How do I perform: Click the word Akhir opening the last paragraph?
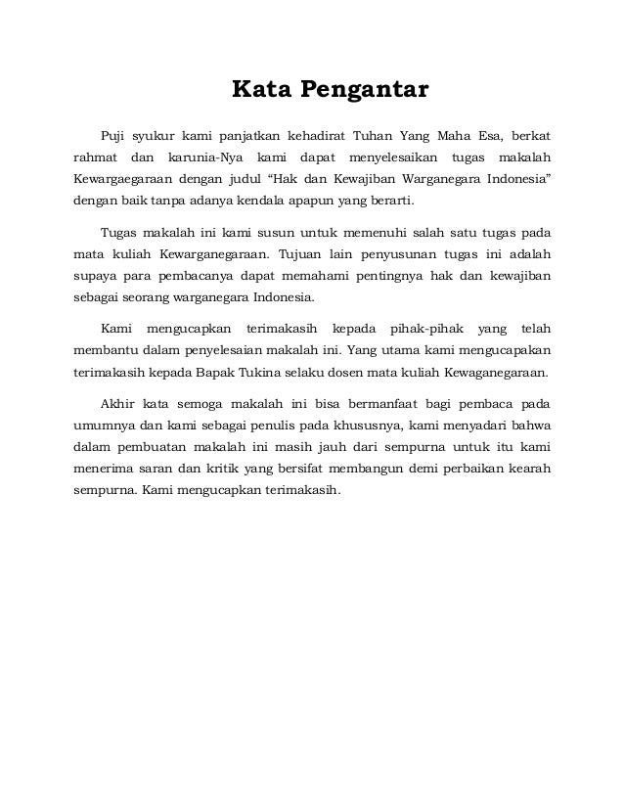tap(118, 403)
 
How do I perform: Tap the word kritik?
tap(231, 471)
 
